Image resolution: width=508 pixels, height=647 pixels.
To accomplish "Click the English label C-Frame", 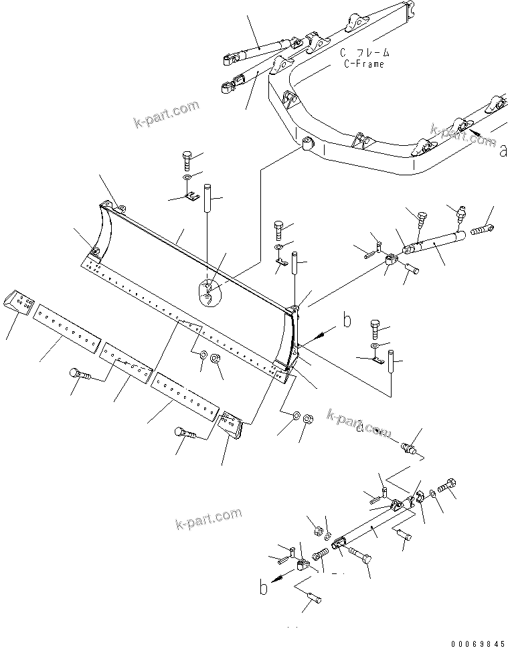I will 364,64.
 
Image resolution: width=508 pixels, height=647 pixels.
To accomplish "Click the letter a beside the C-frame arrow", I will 503,152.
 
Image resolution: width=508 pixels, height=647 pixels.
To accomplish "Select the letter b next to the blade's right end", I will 347,321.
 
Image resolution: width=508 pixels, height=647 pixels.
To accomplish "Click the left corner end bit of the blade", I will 19,303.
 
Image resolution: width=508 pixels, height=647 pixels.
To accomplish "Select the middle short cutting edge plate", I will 126,365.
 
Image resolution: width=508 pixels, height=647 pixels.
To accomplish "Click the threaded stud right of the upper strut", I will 483,230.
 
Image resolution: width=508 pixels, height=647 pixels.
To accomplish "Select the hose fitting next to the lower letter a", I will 413,448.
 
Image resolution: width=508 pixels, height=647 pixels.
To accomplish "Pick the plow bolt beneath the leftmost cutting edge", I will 79,375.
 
